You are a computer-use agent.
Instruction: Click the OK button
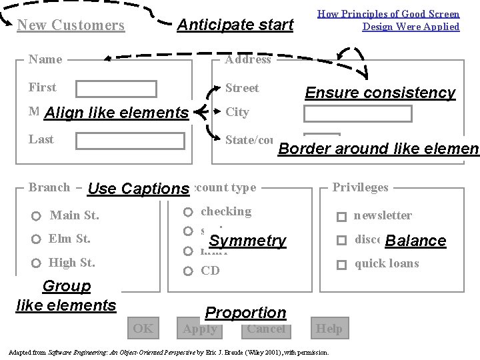click(143, 327)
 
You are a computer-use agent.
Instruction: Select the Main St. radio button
click(37, 216)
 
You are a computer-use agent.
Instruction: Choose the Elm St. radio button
click(37, 239)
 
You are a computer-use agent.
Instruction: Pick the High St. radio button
click(37, 263)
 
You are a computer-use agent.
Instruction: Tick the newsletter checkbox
click(341, 217)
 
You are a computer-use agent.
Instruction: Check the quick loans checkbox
click(341, 265)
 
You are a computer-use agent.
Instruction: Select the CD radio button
click(189, 271)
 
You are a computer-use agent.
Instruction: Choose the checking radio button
click(189, 213)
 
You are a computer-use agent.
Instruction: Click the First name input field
click(116, 89)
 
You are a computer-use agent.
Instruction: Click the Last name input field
click(130, 141)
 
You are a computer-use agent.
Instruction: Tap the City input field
click(357, 113)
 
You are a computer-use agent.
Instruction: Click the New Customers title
click(71, 25)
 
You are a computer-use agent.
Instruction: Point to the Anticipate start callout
click(235, 25)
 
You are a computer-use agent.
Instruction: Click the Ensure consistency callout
click(380, 93)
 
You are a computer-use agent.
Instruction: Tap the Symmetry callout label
click(247, 241)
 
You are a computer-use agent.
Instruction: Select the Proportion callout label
click(245, 313)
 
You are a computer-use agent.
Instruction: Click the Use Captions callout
click(139, 189)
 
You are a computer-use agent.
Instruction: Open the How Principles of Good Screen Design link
click(388, 20)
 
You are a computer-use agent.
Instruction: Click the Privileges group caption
click(360, 187)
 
